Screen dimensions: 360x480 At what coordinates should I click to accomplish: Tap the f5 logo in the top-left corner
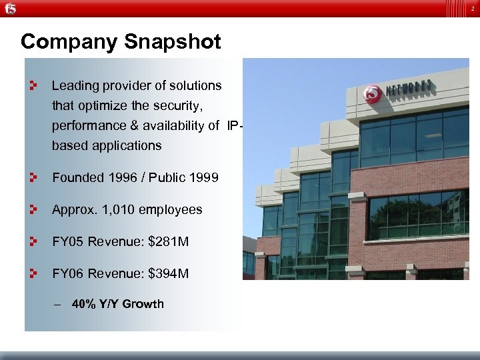9,8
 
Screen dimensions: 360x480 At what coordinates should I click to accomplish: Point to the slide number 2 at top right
471,7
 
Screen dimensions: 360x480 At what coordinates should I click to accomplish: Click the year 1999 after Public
202,177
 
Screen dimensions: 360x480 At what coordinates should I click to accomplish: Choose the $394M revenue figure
169,273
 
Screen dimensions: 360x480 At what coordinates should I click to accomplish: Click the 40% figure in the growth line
83,304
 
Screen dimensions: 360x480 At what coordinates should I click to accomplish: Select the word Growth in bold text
142,304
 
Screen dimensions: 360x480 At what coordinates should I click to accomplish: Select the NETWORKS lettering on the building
409,88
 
